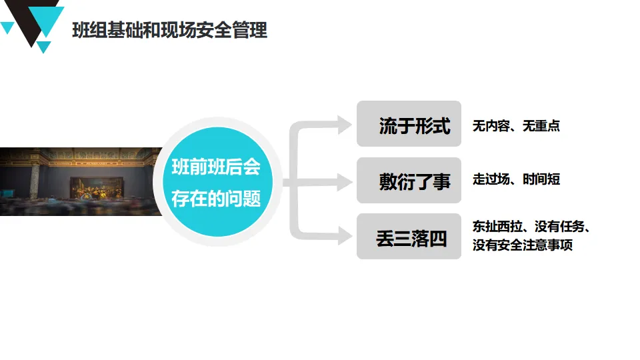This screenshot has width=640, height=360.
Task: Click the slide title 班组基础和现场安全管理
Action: (169, 30)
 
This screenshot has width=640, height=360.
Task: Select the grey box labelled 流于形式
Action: (409, 124)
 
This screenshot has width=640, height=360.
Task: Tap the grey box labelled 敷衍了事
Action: (409, 180)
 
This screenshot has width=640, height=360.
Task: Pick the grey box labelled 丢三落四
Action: (409, 237)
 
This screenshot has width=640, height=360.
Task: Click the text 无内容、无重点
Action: (516, 125)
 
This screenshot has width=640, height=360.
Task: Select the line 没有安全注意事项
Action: (523, 245)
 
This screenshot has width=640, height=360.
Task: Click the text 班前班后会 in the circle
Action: (215, 167)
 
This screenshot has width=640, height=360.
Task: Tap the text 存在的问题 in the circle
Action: (215, 199)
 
